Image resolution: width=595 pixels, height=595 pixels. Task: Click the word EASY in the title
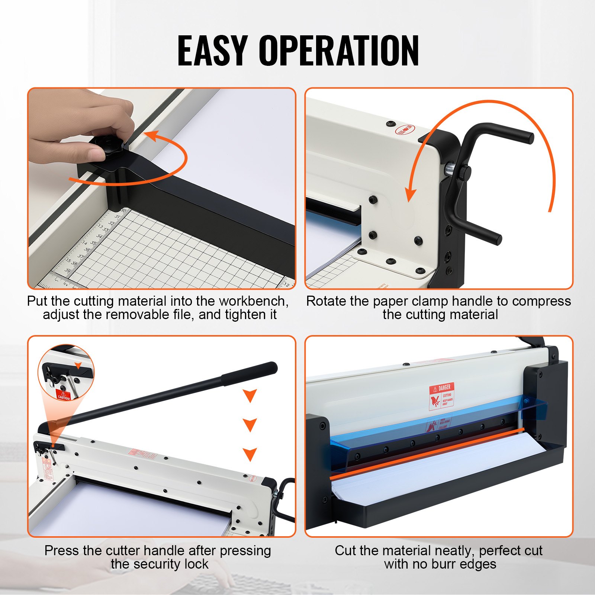[212, 51]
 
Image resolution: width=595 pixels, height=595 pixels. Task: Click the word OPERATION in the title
[339, 51]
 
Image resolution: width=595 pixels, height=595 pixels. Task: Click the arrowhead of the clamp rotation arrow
[410, 195]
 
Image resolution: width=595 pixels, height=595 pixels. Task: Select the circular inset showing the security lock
[66, 372]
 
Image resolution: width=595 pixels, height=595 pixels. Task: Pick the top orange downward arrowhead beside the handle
[250, 396]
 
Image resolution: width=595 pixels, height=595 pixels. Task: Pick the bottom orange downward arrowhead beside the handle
[250, 454]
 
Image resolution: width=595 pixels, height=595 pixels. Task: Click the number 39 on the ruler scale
[68, 270]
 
